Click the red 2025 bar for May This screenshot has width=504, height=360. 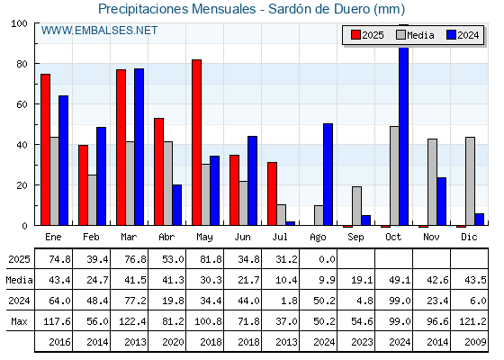click(x=197, y=142)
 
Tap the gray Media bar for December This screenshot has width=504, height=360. click(x=470, y=181)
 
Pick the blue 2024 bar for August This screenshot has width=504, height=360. click(x=328, y=175)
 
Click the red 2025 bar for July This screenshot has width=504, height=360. click(x=272, y=193)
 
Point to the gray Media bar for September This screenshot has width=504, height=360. click(x=356, y=206)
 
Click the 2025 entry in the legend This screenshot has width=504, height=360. click(x=367, y=35)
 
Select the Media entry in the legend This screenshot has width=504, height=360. click(x=415, y=35)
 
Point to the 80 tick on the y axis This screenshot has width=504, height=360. click(x=36, y=64)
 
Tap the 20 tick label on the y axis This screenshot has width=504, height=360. click(x=22, y=185)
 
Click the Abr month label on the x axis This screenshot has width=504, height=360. click(x=166, y=237)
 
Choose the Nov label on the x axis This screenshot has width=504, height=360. click(x=431, y=237)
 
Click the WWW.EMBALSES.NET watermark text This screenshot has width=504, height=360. click(x=99, y=31)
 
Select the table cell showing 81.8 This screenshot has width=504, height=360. click(x=211, y=259)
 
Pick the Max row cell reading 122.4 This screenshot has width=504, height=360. click(x=132, y=321)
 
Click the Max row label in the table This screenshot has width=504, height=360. click(x=19, y=321)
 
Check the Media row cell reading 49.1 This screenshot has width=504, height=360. click(x=400, y=280)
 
